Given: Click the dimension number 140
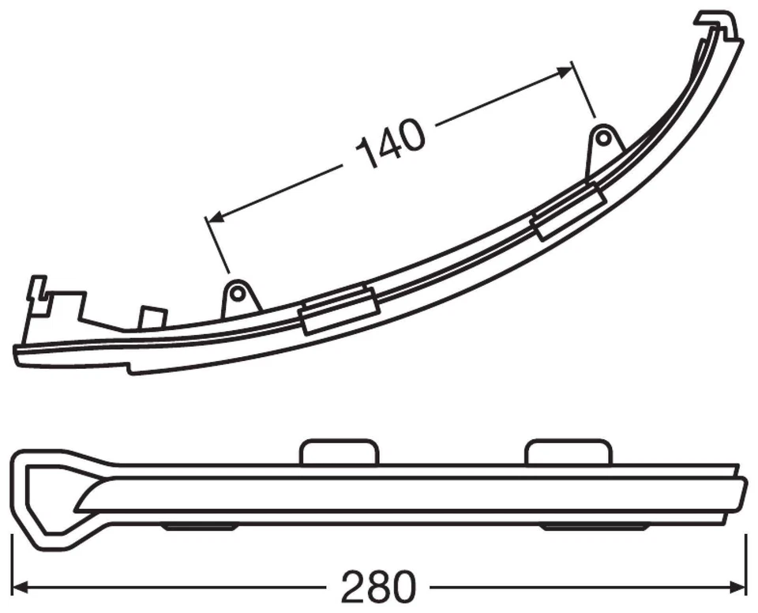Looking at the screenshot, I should click(x=391, y=144).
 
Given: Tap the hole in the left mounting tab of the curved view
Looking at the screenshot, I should click(x=237, y=295).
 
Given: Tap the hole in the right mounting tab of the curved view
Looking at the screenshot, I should click(x=602, y=139).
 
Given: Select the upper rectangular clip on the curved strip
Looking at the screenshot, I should click(x=568, y=212).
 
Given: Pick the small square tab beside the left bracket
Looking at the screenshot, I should click(x=152, y=317).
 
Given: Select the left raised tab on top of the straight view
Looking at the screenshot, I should click(x=339, y=451).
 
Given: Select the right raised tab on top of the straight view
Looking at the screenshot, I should click(x=568, y=451).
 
